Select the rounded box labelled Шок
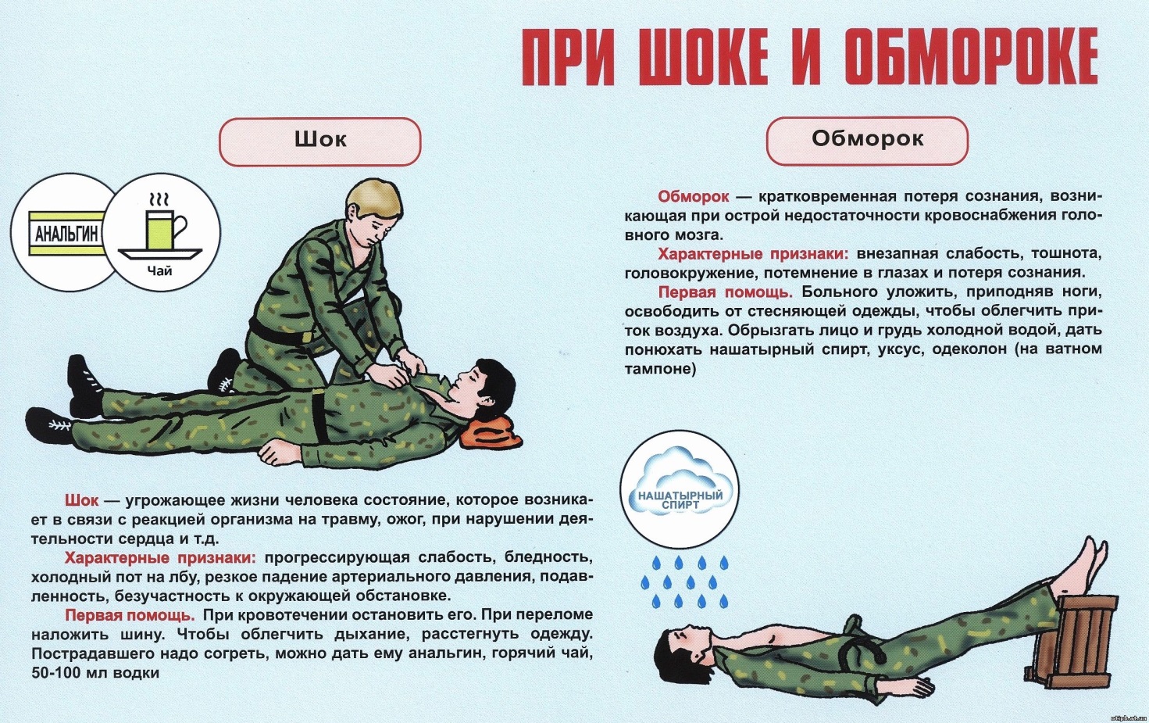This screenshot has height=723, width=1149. click(x=320, y=141)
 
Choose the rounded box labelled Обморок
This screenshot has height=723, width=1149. click(x=867, y=140)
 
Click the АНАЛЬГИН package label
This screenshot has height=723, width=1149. click(x=66, y=234)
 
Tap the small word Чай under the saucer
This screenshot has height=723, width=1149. click(x=159, y=270)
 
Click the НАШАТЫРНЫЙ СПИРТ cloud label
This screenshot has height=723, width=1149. click(x=680, y=500)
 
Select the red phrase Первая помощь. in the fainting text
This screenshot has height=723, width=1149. click(x=725, y=292)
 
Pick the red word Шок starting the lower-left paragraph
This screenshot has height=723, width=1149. click(x=81, y=499)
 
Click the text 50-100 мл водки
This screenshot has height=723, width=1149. click(x=95, y=673)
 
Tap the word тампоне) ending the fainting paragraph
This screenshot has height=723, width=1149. click(x=660, y=369)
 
